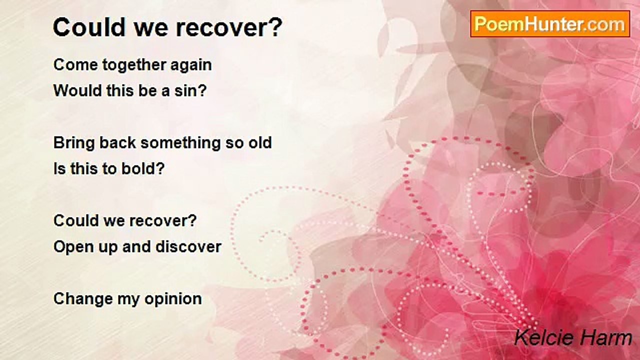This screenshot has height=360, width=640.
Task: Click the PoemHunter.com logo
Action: coord(550,24)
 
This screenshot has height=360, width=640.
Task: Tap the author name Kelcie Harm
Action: coord(573,337)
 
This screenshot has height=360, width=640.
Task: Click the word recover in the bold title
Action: coord(229,27)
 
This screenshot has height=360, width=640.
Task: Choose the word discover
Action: coord(188,246)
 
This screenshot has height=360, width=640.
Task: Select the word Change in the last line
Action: coord(83,299)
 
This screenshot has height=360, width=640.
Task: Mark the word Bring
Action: coord(74,143)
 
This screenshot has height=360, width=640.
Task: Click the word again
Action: coord(191,65)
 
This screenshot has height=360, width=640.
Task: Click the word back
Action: coord(117,142)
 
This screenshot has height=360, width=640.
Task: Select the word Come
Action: coord(75,64)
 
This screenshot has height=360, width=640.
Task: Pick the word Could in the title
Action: coord(89,27)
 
